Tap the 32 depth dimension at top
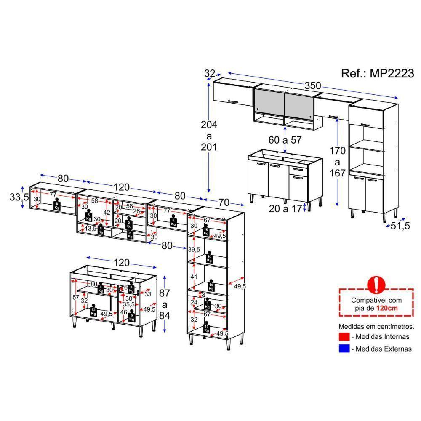209,73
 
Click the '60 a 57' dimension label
285,140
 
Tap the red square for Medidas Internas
344,336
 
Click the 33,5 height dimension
19,197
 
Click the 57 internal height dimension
76,297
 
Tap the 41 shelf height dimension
193,277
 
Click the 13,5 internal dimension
90,229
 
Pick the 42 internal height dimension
107,213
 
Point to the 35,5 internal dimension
129,304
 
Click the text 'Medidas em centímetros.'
376,326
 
